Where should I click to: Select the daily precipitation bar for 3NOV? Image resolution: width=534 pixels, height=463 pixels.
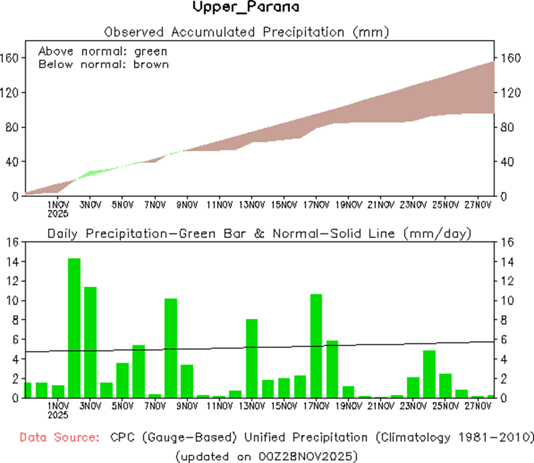(x=90, y=342)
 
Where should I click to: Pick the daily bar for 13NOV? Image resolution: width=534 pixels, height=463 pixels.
(x=252, y=358)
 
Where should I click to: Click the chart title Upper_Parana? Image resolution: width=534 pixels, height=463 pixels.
(x=246, y=8)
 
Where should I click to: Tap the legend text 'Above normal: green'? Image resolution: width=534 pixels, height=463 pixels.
(x=102, y=52)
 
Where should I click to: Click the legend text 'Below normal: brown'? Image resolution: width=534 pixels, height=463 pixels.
(x=104, y=64)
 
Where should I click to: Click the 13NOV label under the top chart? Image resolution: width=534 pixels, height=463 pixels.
(x=252, y=205)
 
